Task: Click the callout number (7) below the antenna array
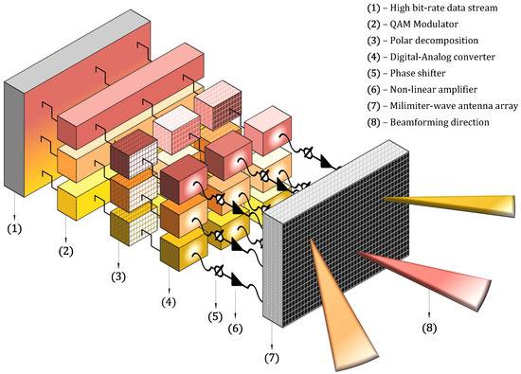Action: tap(273, 358)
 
